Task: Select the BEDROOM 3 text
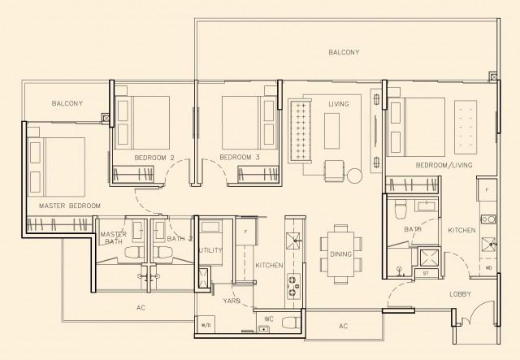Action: (240, 156)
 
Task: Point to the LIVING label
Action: (339, 104)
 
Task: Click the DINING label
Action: (341, 254)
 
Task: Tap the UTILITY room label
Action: (210, 250)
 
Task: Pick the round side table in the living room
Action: (354, 176)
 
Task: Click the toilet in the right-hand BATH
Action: (400, 211)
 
